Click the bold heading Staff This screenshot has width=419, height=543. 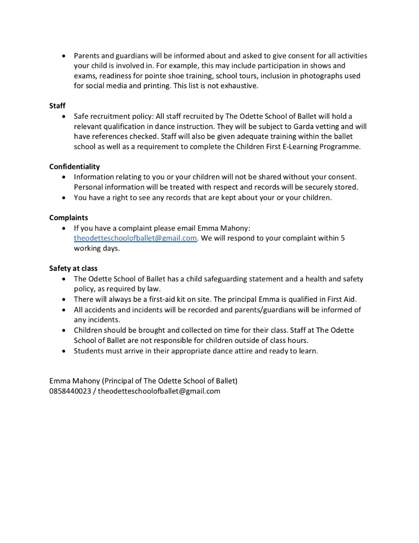[x=57, y=106]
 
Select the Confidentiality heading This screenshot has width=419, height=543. [x=74, y=167]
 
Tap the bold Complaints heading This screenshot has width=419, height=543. [x=69, y=218]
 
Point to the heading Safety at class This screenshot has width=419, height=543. [x=73, y=268]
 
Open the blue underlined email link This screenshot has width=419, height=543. [x=135, y=238]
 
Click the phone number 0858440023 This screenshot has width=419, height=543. [x=70, y=391]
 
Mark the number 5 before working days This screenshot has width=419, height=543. [x=343, y=238]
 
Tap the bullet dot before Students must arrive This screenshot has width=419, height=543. [x=63, y=351]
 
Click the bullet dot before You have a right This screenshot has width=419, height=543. [x=63, y=198]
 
